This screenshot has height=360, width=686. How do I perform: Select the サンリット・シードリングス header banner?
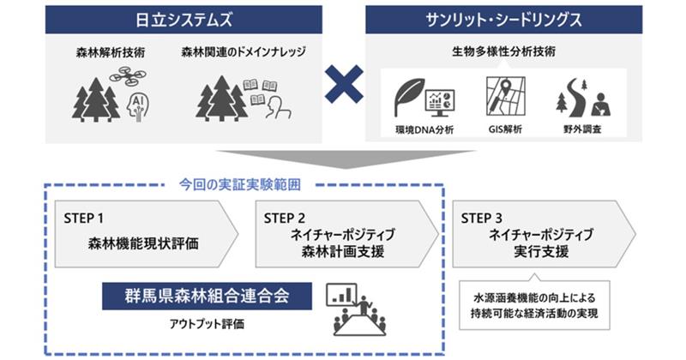pos(504,19)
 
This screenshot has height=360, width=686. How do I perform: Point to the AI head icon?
pos(138,105)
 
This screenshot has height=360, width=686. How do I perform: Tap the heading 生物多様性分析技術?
pos(503,51)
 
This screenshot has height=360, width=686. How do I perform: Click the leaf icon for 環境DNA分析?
pos(406,97)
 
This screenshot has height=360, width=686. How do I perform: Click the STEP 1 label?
pos(84,219)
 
